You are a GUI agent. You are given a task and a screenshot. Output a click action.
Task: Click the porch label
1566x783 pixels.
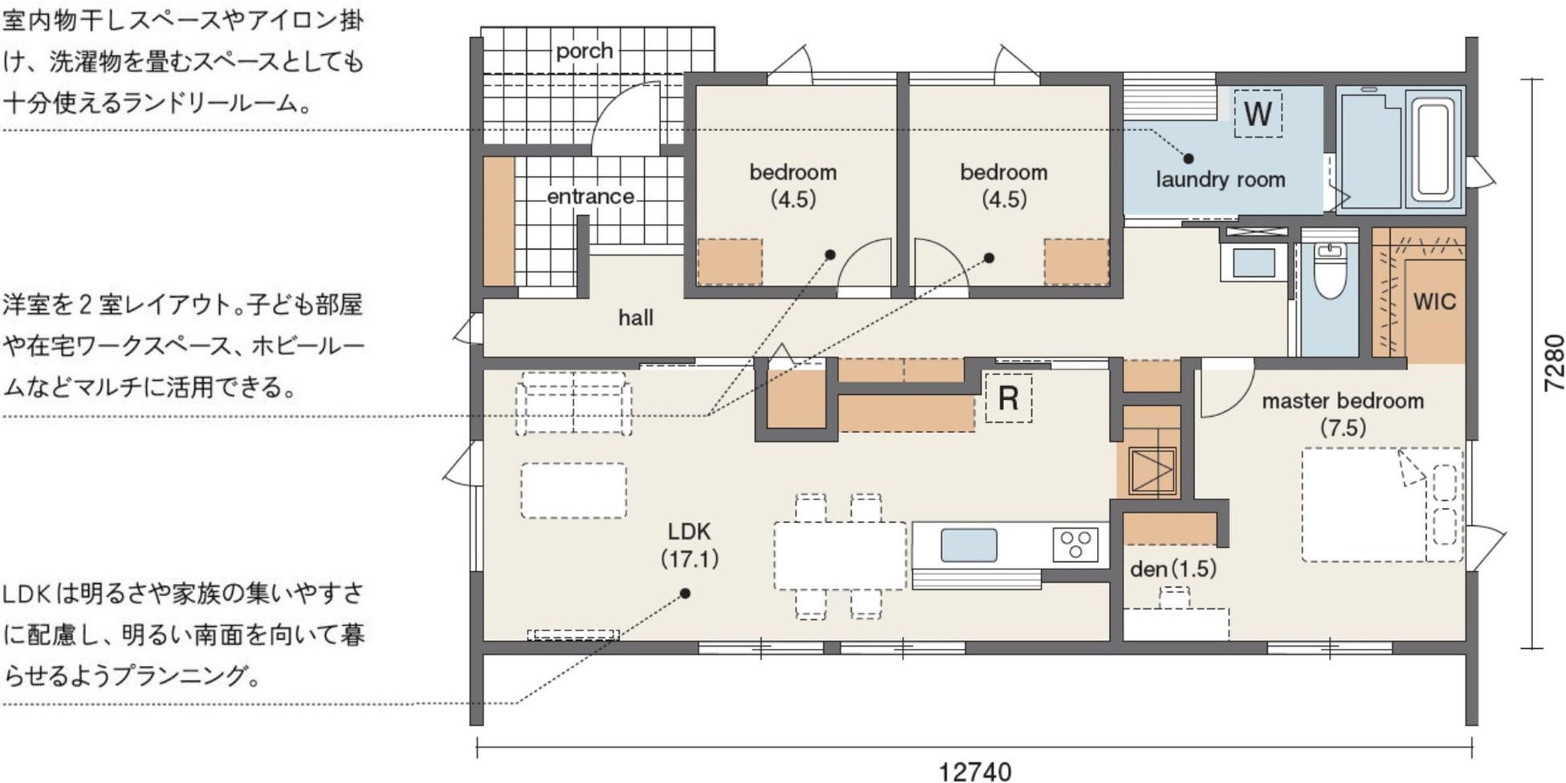(584, 51)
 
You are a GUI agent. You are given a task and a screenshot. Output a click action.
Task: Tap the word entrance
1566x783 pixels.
(590, 196)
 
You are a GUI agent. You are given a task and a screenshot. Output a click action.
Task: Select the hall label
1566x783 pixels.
(635, 317)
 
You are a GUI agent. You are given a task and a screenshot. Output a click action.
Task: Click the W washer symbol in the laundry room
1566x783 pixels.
(1258, 113)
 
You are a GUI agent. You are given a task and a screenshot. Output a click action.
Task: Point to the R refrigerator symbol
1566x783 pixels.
(1009, 398)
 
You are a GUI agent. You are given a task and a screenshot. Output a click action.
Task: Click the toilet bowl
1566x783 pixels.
(1330, 271)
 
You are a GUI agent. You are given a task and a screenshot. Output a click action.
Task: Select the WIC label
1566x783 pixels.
(1434, 302)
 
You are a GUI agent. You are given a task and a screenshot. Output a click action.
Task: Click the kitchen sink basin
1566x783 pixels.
(969, 545)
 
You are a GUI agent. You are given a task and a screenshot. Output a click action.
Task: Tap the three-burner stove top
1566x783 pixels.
(1075, 544)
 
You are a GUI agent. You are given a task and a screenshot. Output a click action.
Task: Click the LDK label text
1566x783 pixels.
(690, 544)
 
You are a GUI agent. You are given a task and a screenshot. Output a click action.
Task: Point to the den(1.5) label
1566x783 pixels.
(1172, 569)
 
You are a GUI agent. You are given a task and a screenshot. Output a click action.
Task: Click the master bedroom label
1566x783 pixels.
(1343, 413)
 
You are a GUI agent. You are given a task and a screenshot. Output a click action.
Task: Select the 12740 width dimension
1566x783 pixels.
(975, 771)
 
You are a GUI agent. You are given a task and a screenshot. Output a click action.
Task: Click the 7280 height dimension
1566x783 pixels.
(1554, 363)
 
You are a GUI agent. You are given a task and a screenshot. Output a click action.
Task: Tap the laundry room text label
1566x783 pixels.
(1220, 180)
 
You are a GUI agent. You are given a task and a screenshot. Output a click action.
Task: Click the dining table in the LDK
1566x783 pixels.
(840, 556)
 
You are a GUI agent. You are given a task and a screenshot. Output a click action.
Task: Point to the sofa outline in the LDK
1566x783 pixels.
(573, 403)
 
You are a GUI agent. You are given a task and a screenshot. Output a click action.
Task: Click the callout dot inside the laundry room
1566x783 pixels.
(1189, 159)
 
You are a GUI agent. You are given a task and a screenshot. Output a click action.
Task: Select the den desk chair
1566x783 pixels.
(1174, 597)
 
